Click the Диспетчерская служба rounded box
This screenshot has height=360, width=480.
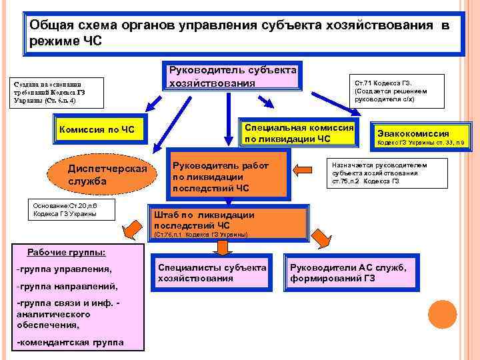(x=107, y=175)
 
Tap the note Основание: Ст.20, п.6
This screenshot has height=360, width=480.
(x=73, y=209)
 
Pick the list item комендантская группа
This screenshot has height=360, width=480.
(x=70, y=342)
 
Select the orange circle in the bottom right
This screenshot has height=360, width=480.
(x=441, y=313)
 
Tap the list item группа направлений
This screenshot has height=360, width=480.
(x=66, y=286)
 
